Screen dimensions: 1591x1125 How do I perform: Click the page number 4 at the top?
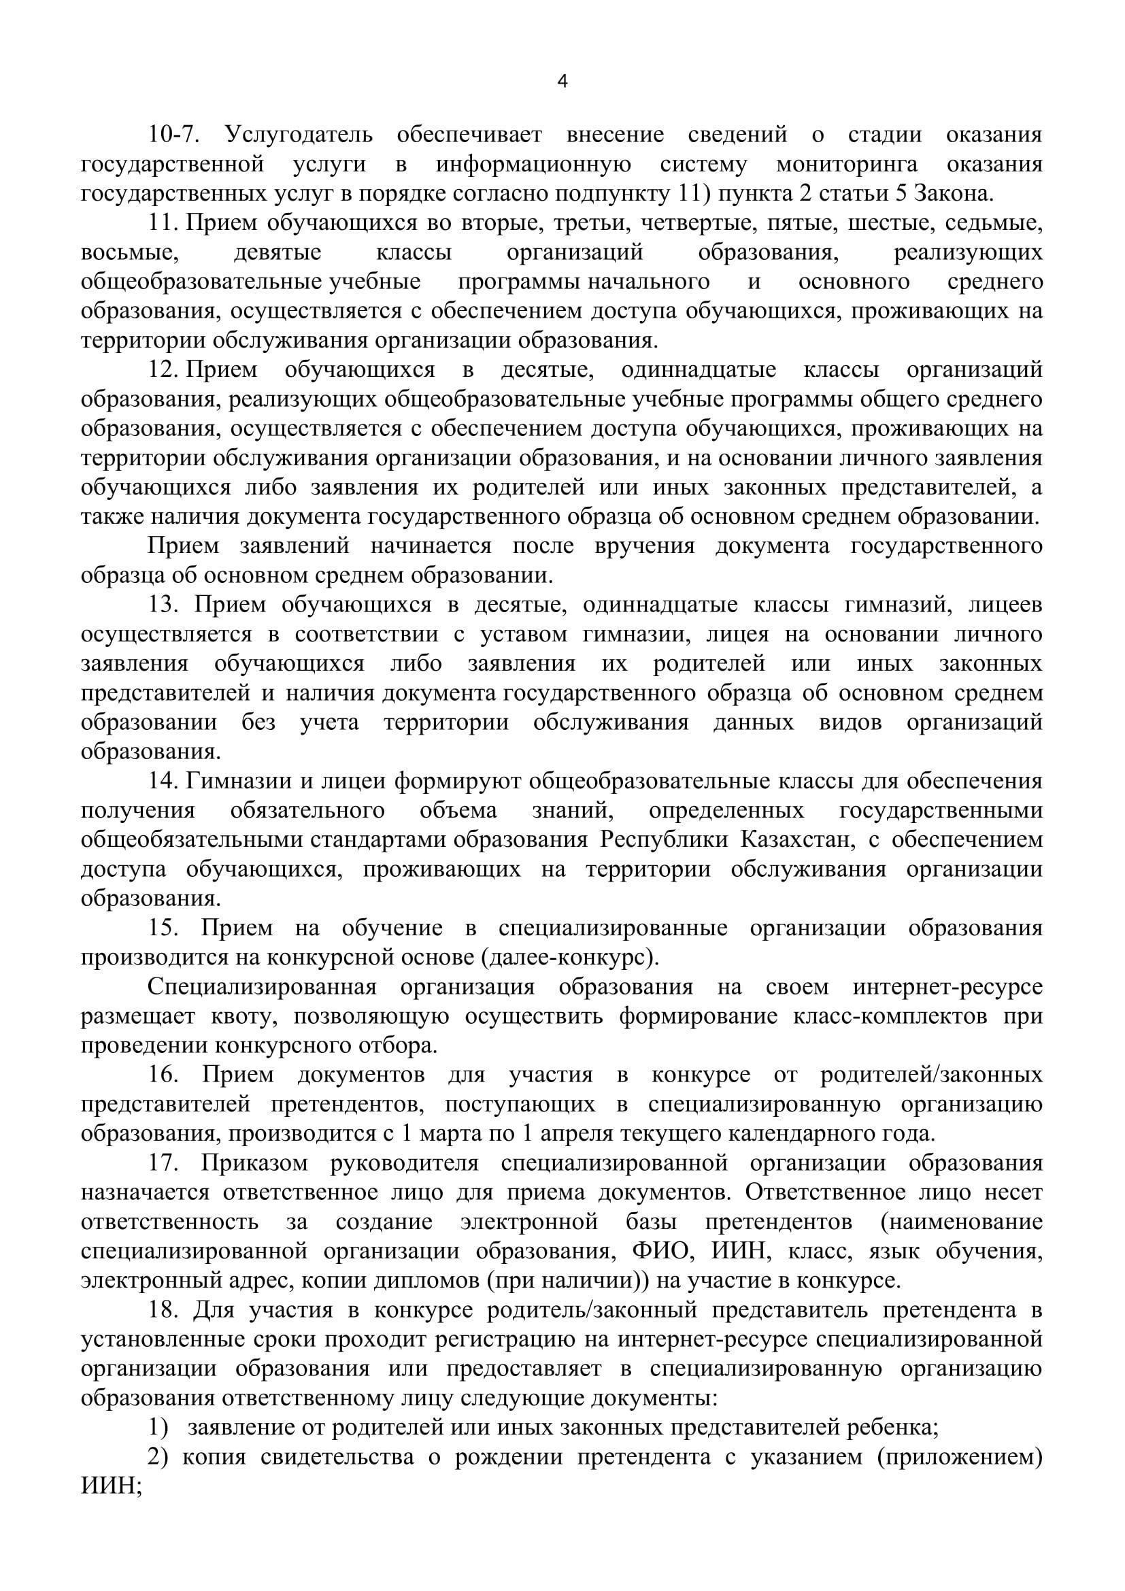[562, 82]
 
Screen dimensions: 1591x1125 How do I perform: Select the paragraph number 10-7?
[174, 135]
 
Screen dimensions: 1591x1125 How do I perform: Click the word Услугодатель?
[299, 135]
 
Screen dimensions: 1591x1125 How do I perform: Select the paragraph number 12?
[164, 369]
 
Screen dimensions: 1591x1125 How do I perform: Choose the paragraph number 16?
[164, 1075]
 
